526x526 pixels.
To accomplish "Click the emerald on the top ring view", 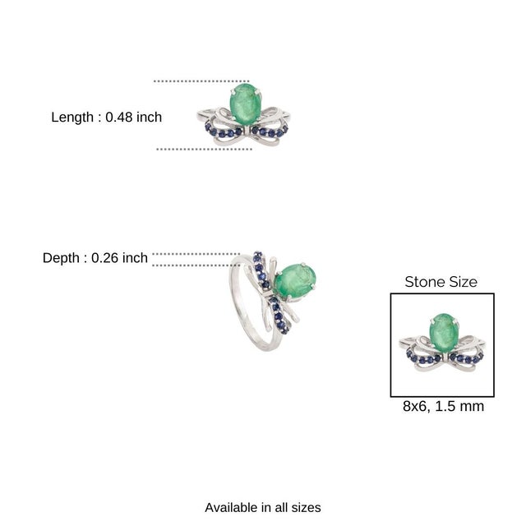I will point(245,103).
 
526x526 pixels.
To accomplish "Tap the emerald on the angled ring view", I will point(295,281).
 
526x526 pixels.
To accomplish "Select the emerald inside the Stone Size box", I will point(443,331).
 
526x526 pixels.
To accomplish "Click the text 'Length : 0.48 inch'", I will point(106,118).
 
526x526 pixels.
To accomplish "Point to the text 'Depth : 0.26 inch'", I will point(95,258).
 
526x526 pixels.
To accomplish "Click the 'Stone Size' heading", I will point(441,282).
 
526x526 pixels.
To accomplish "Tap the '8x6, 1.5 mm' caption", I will point(442,406).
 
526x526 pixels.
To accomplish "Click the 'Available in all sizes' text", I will point(262,507).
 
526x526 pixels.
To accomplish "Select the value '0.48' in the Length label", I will point(120,118).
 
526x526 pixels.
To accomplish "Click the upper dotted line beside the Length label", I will point(201,81).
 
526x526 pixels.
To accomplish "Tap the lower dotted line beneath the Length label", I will point(203,149).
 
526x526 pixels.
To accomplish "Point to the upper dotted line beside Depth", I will point(196,254).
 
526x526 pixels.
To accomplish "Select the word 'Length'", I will point(72,118).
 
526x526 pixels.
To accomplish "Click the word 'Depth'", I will point(61,258).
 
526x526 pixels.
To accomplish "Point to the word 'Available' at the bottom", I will point(232,507).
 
